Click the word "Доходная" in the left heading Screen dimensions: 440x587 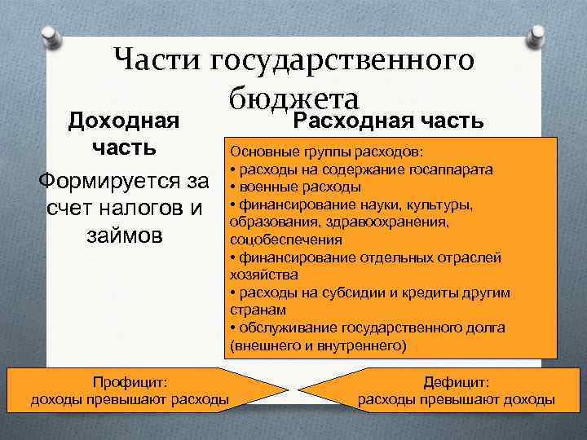click(124, 122)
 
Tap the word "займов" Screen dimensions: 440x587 click(124, 235)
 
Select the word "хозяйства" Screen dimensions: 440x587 click(258, 275)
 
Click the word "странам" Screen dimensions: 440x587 click(255, 310)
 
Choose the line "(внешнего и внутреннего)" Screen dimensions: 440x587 click(317, 345)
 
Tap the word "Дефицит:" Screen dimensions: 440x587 click(457, 381)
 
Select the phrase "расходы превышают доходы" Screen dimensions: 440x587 click(457, 399)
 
